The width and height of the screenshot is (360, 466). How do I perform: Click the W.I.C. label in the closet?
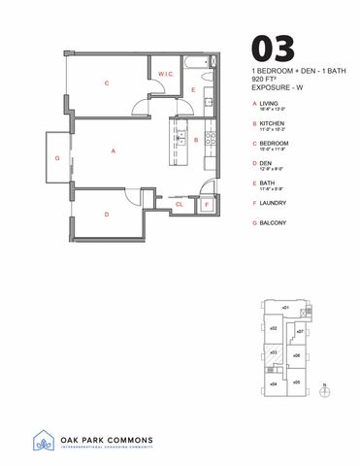pyautogui.click(x=166, y=75)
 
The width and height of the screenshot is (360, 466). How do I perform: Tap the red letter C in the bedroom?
pyautogui.click(x=106, y=83)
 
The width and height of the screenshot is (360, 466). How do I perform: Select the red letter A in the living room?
pyautogui.click(x=114, y=150)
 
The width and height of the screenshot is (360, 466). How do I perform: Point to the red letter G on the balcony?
pyautogui.click(x=57, y=157)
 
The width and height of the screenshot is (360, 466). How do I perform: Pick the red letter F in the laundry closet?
pyautogui.click(x=205, y=205)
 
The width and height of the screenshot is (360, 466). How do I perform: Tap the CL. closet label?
pyautogui.click(x=180, y=205)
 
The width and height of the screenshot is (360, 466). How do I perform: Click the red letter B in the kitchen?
pyautogui.click(x=196, y=140)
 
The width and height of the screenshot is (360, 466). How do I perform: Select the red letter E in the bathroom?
pyautogui.click(x=193, y=90)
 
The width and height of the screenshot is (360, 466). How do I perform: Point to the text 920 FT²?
pyautogui.click(x=264, y=81)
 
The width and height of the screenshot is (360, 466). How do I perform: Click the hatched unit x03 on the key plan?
pyautogui.click(x=273, y=353)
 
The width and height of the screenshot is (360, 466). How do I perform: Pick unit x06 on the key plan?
pyautogui.click(x=296, y=356)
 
